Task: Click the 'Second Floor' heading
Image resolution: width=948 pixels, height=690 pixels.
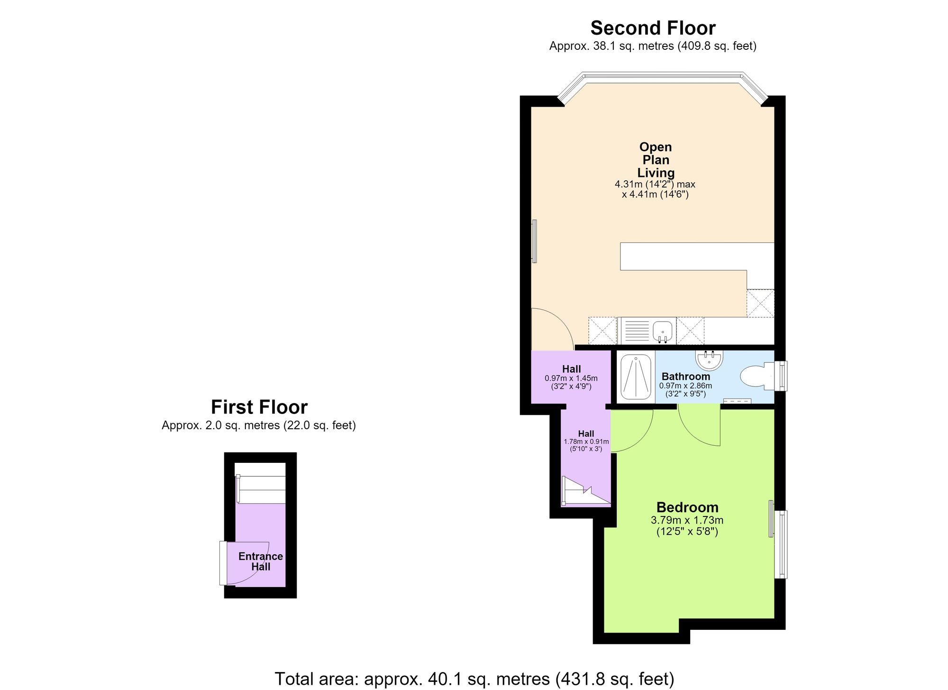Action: (653, 28)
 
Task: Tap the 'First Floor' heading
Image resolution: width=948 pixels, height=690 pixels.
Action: (259, 407)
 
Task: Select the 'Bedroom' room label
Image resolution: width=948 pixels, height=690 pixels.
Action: (687, 507)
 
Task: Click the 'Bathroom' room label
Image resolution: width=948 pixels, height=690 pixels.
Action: (686, 377)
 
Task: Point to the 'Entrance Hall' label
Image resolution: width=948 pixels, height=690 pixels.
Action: (261, 561)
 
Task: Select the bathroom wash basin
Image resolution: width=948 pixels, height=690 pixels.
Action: (710, 359)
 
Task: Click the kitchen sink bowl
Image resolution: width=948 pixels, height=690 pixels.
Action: (663, 331)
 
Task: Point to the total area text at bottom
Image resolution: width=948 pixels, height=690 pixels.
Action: (474, 679)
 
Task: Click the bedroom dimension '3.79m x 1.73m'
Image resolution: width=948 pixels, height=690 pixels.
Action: (687, 520)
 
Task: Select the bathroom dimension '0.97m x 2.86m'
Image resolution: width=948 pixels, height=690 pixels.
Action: (685, 386)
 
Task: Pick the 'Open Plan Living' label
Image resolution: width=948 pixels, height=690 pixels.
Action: (656, 160)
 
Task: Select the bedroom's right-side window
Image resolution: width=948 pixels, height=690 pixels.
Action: (780, 544)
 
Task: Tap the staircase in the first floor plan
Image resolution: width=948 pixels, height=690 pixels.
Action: (261, 489)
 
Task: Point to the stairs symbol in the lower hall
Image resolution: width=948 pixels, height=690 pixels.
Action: (586, 491)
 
